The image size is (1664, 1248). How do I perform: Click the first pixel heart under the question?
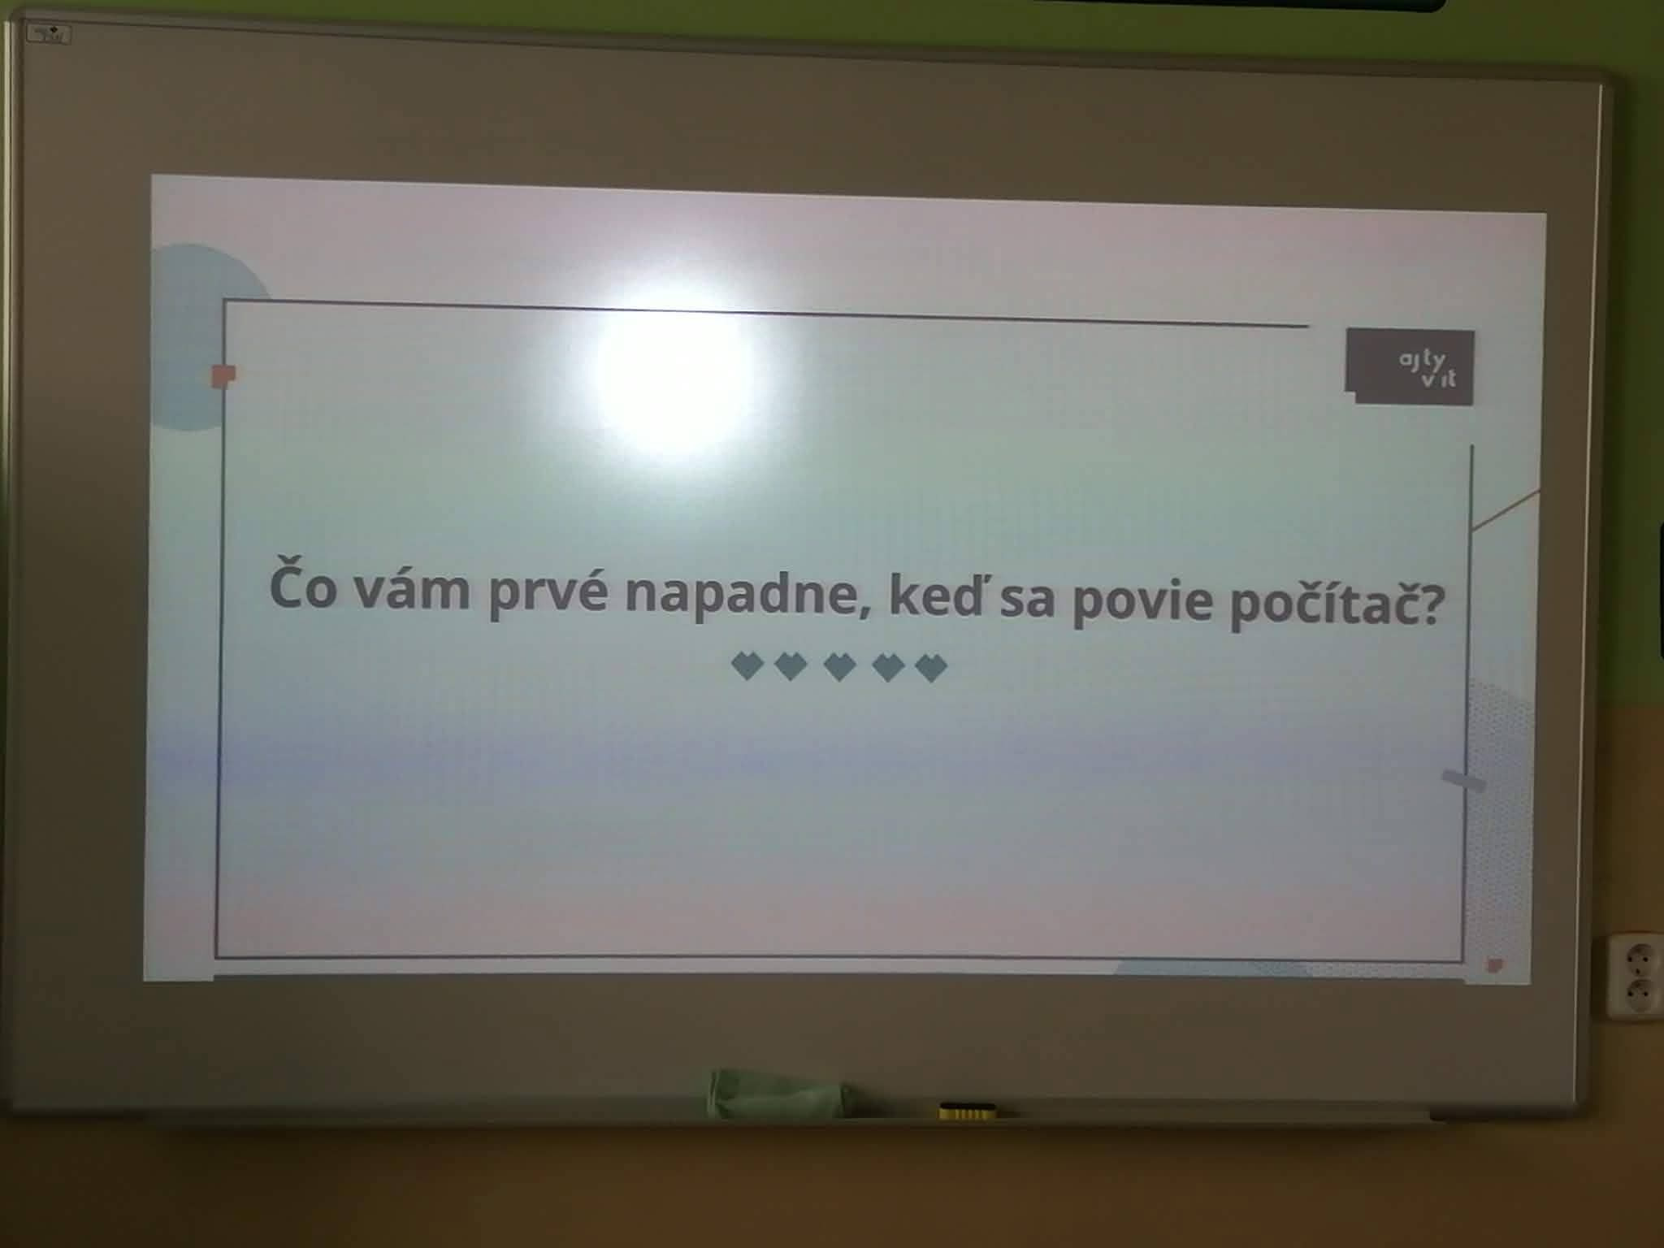[x=747, y=665]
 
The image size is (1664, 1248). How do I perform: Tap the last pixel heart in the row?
[x=931, y=669]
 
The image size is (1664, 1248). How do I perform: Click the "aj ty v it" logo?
[x=1410, y=366]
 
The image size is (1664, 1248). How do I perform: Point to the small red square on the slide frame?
[x=223, y=375]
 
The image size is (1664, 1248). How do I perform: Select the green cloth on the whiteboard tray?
[x=776, y=1093]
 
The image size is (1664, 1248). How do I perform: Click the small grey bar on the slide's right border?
[x=1462, y=781]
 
